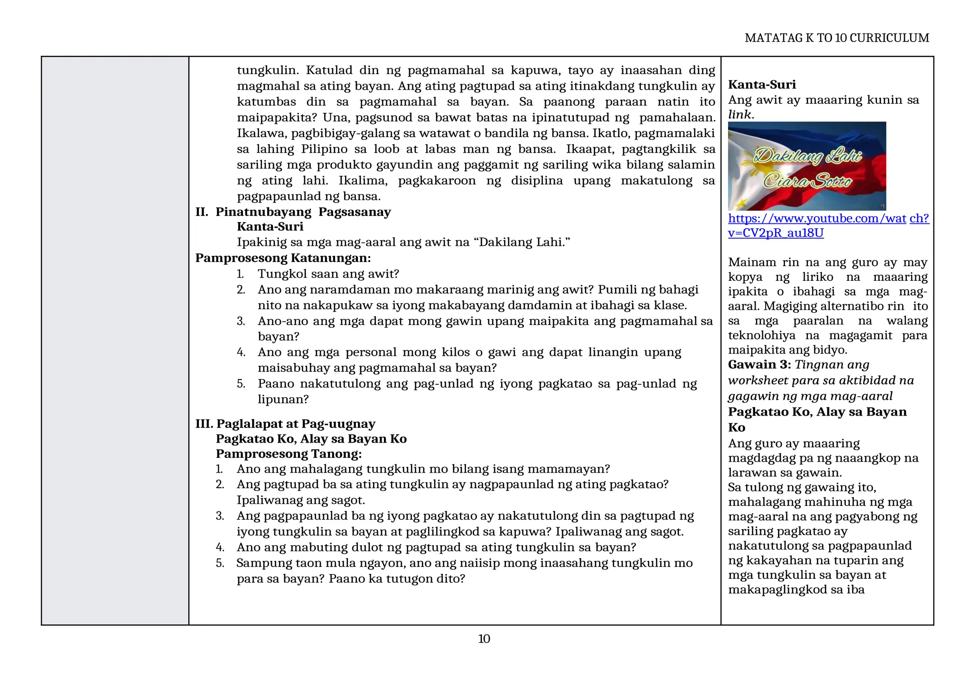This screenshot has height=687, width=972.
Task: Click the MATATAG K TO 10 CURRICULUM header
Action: (x=837, y=38)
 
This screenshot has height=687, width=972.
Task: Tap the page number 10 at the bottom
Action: (x=484, y=639)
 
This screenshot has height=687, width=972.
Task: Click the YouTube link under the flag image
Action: (x=828, y=225)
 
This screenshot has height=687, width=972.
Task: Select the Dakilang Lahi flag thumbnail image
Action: (x=806, y=166)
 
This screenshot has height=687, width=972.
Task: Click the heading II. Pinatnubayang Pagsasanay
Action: (x=293, y=212)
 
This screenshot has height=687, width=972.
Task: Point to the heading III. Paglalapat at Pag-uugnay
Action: (x=285, y=424)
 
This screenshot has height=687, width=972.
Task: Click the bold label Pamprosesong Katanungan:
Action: (x=283, y=258)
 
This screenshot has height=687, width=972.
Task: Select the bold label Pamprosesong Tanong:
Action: (x=289, y=454)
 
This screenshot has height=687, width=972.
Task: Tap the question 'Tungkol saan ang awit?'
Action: (x=328, y=274)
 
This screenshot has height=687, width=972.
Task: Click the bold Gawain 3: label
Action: (x=759, y=365)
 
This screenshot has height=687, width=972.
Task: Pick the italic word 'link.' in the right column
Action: (x=741, y=114)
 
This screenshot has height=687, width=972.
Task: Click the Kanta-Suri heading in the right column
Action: (x=762, y=84)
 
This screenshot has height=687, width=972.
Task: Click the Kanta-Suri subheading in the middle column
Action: (x=270, y=226)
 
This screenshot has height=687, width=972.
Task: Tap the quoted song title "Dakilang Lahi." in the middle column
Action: (x=524, y=242)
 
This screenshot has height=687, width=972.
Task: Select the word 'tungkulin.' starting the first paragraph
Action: (x=268, y=70)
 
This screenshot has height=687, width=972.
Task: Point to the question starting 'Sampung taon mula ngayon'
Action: (x=464, y=563)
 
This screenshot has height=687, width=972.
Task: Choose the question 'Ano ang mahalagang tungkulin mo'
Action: (x=423, y=469)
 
